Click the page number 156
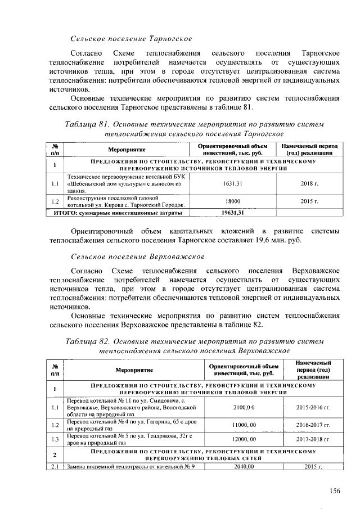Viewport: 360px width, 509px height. click(x=335, y=491)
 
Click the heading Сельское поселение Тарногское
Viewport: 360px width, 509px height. click(x=130, y=39)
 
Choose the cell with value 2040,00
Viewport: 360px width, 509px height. click(x=244, y=466)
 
